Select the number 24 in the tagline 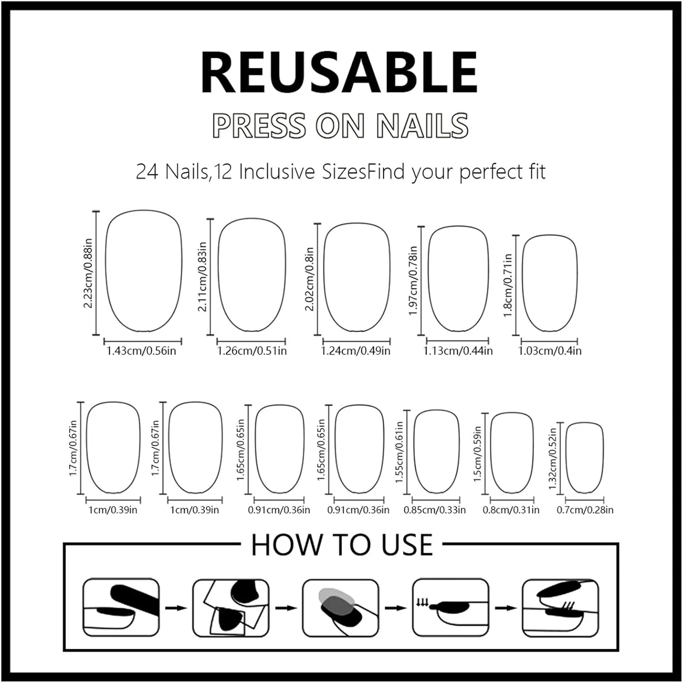point(147,172)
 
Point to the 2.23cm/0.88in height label point(88,273)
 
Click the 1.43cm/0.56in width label point(141,351)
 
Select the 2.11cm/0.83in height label point(202,277)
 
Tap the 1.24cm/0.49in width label point(356,351)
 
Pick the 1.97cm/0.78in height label point(413,281)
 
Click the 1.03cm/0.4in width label point(550,351)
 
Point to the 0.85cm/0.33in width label point(435,510)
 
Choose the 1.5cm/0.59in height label point(477,454)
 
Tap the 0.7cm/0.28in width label point(585,510)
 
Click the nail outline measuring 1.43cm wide point(106,270)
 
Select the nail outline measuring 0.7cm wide point(566,458)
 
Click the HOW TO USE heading point(342,545)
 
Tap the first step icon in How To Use point(121,608)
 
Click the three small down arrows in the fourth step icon point(422,603)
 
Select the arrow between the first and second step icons point(176,608)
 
